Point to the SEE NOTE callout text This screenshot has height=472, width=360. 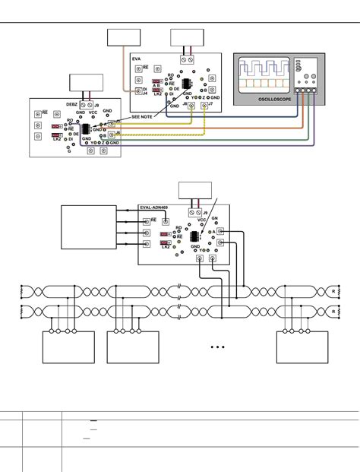point(142,117)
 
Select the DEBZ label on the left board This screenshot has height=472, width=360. point(72,104)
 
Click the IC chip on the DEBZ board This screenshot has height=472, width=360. point(85,129)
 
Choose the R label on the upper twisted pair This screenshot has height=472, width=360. point(332,291)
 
